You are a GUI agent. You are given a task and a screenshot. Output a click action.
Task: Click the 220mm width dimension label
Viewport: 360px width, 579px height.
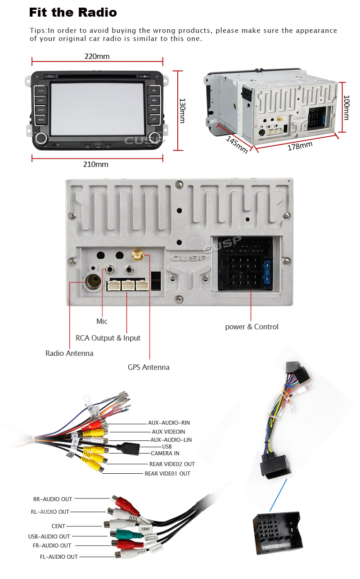(97, 57)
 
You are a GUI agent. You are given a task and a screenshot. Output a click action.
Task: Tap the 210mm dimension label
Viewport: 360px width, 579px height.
(95, 164)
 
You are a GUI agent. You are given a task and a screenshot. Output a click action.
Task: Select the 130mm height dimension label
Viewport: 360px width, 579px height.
(182, 111)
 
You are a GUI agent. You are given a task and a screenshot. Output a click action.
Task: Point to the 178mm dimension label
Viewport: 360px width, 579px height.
(300, 146)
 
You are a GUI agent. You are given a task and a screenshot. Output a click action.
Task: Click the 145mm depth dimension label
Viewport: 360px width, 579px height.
(237, 144)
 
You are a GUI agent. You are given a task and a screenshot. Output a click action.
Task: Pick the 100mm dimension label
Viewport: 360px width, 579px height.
(346, 108)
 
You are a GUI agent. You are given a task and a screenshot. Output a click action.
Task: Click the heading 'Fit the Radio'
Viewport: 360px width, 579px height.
(73, 13)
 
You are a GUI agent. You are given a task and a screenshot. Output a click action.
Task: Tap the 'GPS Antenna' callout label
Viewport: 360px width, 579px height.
(148, 367)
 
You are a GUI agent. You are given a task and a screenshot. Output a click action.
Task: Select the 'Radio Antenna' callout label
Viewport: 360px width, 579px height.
(69, 353)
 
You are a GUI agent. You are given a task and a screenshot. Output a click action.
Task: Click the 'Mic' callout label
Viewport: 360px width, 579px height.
(102, 321)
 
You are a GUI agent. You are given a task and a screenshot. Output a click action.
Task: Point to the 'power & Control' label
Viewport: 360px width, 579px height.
(252, 327)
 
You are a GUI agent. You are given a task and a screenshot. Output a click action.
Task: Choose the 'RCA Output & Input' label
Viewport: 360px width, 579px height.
(108, 338)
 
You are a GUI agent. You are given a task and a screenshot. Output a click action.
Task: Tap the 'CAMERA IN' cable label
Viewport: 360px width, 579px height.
(165, 453)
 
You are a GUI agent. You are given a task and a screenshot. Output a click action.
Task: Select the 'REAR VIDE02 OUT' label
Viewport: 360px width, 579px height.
(172, 464)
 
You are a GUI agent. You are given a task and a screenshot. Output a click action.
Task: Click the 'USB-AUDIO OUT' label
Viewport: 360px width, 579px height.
(49, 536)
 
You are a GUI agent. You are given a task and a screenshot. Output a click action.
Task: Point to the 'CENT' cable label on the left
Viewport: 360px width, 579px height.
(58, 526)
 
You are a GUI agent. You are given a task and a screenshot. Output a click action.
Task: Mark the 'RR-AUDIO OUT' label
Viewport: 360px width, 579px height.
(53, 499)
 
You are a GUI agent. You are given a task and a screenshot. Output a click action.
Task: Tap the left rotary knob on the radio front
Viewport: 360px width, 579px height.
(42, 138)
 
